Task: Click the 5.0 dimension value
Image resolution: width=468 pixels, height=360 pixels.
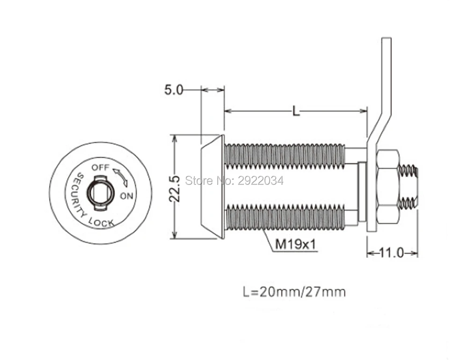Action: click(174, 89)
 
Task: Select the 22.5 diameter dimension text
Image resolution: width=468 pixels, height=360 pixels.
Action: click(175, 189)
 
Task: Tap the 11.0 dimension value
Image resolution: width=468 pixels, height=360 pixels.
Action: click(392, 253)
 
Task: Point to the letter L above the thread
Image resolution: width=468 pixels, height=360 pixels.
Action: click(296, 111)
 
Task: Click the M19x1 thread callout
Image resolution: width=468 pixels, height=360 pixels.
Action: click(295, 244)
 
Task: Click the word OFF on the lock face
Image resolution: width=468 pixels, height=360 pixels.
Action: click(101, 167)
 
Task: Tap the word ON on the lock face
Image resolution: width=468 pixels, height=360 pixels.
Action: click(126, 196)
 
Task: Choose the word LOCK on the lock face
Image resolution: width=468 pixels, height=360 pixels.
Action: click(102, 222)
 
